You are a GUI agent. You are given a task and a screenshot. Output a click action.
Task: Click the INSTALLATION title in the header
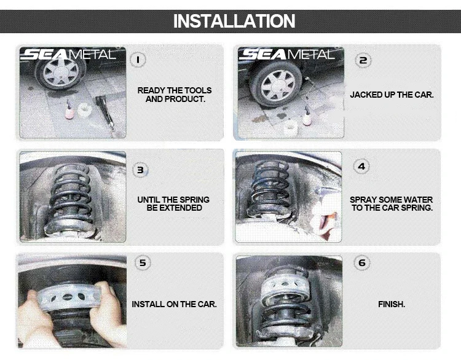point(234,21)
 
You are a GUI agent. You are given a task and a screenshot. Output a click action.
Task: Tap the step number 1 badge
point(139,60)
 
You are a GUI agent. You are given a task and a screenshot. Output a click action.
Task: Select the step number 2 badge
point(363,60)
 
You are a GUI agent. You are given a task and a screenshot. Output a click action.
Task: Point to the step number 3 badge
point(141,169)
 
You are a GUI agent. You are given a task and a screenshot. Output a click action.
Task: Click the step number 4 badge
point(362,166)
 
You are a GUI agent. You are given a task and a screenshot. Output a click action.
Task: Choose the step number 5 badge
point(143,263)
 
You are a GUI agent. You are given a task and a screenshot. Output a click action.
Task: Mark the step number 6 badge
point(362,263)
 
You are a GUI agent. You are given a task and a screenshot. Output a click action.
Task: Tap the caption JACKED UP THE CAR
point(392,95)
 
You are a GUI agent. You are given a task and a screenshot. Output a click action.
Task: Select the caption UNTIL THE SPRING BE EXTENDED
point(173,204)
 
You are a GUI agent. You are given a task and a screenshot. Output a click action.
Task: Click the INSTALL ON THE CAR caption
point(174,304)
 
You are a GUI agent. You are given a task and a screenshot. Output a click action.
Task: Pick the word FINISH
point(391,304)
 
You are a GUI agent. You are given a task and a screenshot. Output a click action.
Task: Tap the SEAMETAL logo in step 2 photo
point(286,55)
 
